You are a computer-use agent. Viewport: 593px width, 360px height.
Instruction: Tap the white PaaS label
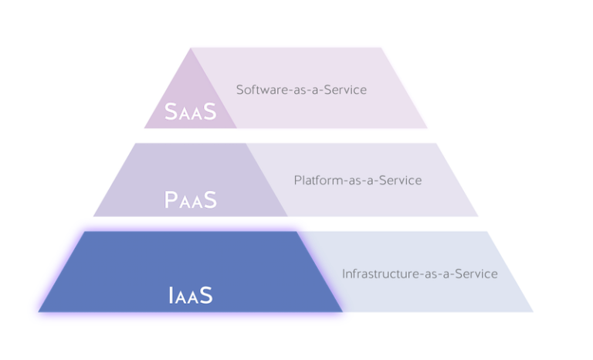[191, 200]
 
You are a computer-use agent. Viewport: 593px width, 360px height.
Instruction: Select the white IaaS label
[190, 294]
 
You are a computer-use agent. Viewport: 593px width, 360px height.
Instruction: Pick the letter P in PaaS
[172, 200]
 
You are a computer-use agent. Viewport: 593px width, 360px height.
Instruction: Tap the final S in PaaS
[209, 200]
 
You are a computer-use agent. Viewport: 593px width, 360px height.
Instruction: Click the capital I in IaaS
[171, 294]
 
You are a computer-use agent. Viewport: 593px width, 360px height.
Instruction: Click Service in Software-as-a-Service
[345, 90]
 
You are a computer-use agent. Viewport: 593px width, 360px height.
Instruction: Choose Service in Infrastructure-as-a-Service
[476, 273]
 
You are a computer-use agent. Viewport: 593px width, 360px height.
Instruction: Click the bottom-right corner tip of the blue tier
[532, 309]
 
